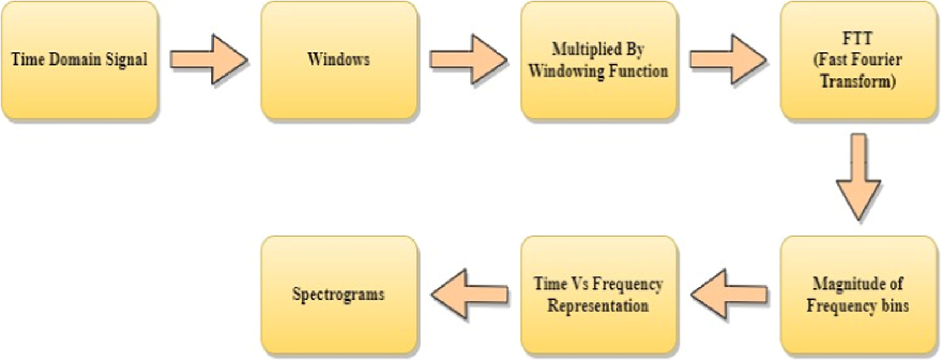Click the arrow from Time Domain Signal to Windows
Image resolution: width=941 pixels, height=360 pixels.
[209, 59]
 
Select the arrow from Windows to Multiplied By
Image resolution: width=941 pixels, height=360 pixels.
[468, 59]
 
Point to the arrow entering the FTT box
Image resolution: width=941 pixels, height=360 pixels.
[728, 59]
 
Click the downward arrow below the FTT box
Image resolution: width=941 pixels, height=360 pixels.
[858, 178]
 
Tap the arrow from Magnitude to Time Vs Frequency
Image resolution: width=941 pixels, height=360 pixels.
[729, 294]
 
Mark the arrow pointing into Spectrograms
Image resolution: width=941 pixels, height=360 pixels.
[469, 294]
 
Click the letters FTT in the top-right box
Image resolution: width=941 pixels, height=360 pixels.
[857, 38]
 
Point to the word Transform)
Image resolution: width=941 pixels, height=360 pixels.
[858, 81]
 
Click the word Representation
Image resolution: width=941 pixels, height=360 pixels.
[598, 305]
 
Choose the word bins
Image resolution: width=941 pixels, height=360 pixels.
[895, 305]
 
